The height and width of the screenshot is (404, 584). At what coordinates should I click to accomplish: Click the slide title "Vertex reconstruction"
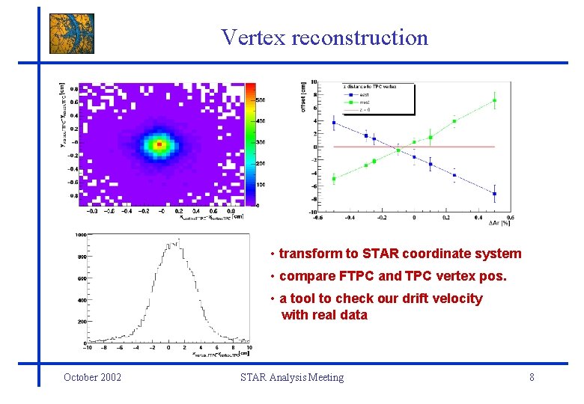pyautogui.click(x=324, y=37)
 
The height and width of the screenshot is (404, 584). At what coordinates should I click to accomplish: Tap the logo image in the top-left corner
pyautogui.click(x=72, y=34)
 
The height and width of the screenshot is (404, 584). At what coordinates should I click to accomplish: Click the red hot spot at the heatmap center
pyautogui.click(x=159, y=144)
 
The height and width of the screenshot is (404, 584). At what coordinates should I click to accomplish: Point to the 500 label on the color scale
pyautogui.click(x=261, y=99)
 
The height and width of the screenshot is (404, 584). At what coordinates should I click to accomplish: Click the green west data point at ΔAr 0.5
pyautogui.click(x=494, y=100)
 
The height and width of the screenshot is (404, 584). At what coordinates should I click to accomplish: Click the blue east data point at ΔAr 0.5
pyautogui.click(x=494, y=193)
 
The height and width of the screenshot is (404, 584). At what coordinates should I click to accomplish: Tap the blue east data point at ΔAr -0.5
pyautogui.click(x=334, y=123)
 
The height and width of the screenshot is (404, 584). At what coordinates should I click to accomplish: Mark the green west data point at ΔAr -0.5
pyautogui.click(x=334, y=178)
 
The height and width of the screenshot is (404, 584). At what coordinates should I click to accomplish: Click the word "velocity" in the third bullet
pyautogui.click(x=456, y=299)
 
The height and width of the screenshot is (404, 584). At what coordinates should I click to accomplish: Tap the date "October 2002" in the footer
pyautogui.click(x=93, y=377)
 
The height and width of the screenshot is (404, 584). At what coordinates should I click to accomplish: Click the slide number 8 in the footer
pyautogui.click(x=532, y=377)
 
